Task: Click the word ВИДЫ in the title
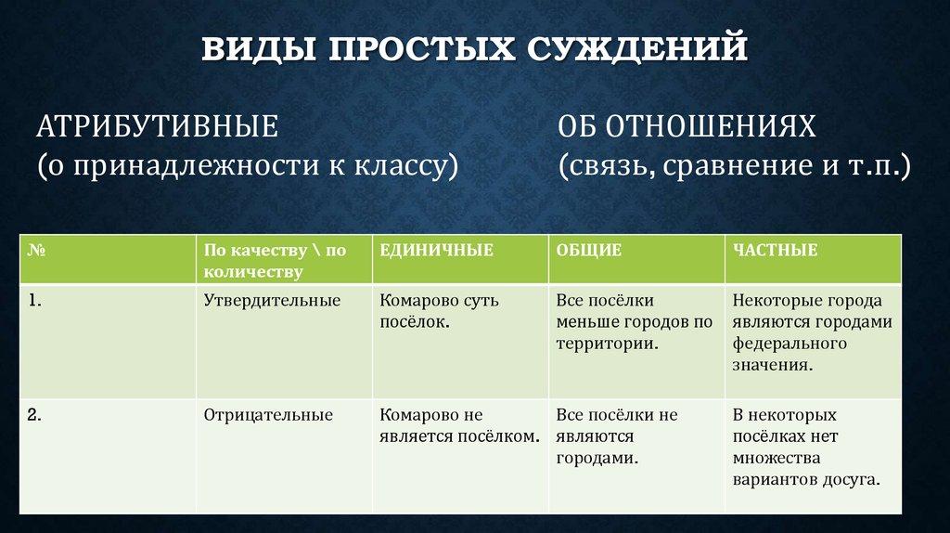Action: (259, 48)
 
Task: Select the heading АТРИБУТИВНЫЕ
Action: (158, 126)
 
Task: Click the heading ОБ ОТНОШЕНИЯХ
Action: (687, 126)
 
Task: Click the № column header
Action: (36, 250)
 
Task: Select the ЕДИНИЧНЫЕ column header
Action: (436, 250)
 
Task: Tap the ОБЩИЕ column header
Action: (589, 250)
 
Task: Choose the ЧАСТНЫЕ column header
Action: (775, 250)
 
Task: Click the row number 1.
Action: (34, 300)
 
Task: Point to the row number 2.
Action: (34, 415)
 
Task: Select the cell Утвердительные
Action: (272, 301)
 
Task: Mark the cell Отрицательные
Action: (268, 415)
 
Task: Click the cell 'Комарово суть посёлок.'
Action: (439, 311)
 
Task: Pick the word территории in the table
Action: (607, 344)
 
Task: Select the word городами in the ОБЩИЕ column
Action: (597, 458)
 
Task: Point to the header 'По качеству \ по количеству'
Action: (275, 261)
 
